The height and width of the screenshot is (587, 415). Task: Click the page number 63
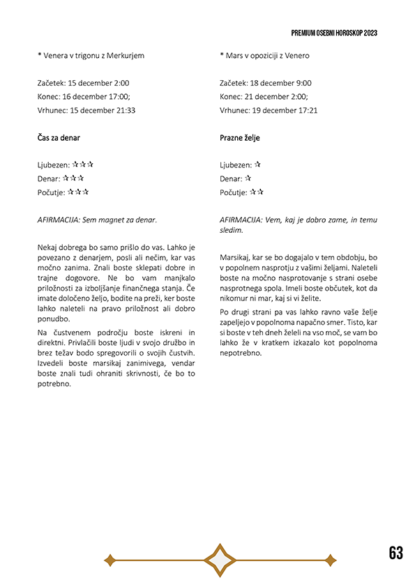pos(396,553)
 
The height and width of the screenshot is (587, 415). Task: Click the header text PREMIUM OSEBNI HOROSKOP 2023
pos(335,33)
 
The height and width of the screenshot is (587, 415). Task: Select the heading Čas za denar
pos(59,138)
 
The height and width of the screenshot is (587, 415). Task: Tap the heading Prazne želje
pos(240,138)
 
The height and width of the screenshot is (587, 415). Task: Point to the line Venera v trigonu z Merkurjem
pos(93,55)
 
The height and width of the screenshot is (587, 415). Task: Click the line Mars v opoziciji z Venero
pos(265,55)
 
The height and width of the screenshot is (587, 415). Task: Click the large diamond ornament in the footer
pos(221,559)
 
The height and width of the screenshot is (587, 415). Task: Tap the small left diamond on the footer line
pos(109,559)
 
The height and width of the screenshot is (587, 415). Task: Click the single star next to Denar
pos(248,178)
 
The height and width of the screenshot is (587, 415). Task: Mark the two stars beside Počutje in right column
pos(257,192)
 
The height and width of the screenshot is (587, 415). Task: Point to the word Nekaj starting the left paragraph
pos(49,247)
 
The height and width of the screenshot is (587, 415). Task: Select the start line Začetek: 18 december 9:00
pos(266,83)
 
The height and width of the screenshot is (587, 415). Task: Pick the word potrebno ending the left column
pos(54,383)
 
